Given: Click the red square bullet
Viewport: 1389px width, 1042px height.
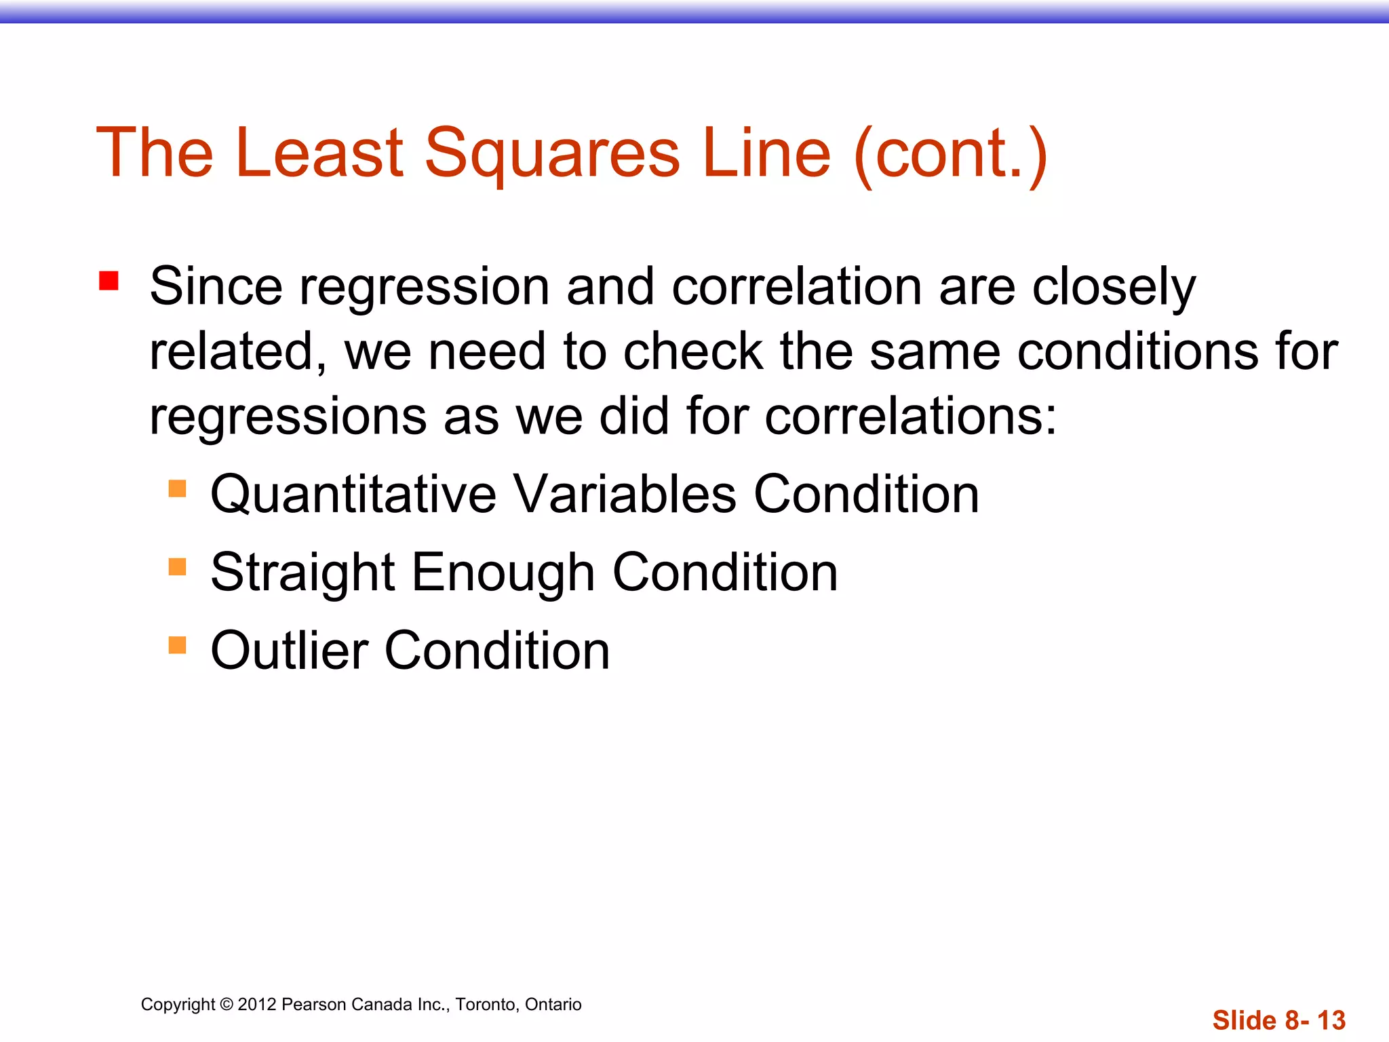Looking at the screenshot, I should [109, 281].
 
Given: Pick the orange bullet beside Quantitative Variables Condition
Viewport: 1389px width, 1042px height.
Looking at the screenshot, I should [177, 488].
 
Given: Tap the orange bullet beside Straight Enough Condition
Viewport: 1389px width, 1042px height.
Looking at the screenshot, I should [177, 566].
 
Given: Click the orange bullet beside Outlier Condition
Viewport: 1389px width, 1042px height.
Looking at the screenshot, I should [177, 644].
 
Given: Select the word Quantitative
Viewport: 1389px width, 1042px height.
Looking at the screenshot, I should [353, 495].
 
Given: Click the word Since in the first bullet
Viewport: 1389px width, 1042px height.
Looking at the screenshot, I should [216, 286].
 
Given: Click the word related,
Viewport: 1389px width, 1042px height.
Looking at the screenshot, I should [238, 352].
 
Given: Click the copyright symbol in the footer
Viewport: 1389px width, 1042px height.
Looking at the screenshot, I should [227, 1005].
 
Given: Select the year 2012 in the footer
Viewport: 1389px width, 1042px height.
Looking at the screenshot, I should [257, 1005].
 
